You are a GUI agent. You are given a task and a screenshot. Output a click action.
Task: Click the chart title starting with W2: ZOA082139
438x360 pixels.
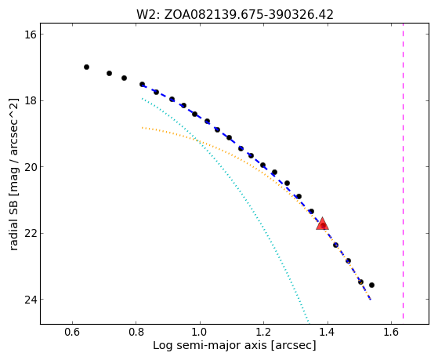click(234, 15)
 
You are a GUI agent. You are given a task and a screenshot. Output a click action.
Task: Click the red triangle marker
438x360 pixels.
click(322, 224)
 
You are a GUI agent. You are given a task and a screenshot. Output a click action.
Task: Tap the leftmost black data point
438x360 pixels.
click(87, 67)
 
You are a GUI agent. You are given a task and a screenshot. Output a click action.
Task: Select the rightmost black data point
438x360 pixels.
click(371, 285)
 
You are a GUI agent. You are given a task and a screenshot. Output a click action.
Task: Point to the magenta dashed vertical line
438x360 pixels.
click(403, 171)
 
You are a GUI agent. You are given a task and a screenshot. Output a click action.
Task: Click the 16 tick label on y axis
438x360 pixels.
click(31, 35)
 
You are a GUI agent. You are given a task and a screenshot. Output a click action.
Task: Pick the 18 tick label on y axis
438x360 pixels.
click(31, 100)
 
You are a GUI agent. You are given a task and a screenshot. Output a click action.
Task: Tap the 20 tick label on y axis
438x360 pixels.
click(31, 167)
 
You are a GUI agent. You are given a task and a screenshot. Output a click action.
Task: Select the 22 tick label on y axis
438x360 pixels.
click(31, 233)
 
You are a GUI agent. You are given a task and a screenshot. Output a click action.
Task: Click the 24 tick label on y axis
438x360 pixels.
click(31, 300)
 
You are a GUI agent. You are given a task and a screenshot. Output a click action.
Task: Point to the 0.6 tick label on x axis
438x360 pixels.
click(72, 332)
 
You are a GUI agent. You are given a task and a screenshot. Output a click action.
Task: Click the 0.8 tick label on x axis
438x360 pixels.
click(136, 332)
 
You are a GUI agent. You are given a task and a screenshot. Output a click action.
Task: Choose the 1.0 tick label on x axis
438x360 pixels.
click(200, 332)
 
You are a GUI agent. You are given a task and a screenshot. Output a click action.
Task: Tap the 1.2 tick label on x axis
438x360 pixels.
click(264, 332)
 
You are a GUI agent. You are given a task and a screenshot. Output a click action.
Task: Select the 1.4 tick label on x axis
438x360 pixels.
click(328, 332)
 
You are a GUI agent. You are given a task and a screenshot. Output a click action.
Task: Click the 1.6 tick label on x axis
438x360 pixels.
click(391, 332)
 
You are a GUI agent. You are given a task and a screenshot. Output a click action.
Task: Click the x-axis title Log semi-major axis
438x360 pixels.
click(234, 345)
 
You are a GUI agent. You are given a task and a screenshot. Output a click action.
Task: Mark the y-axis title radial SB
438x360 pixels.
click(13, 174)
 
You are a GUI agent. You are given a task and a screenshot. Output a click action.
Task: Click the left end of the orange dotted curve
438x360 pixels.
click(142, 128)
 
